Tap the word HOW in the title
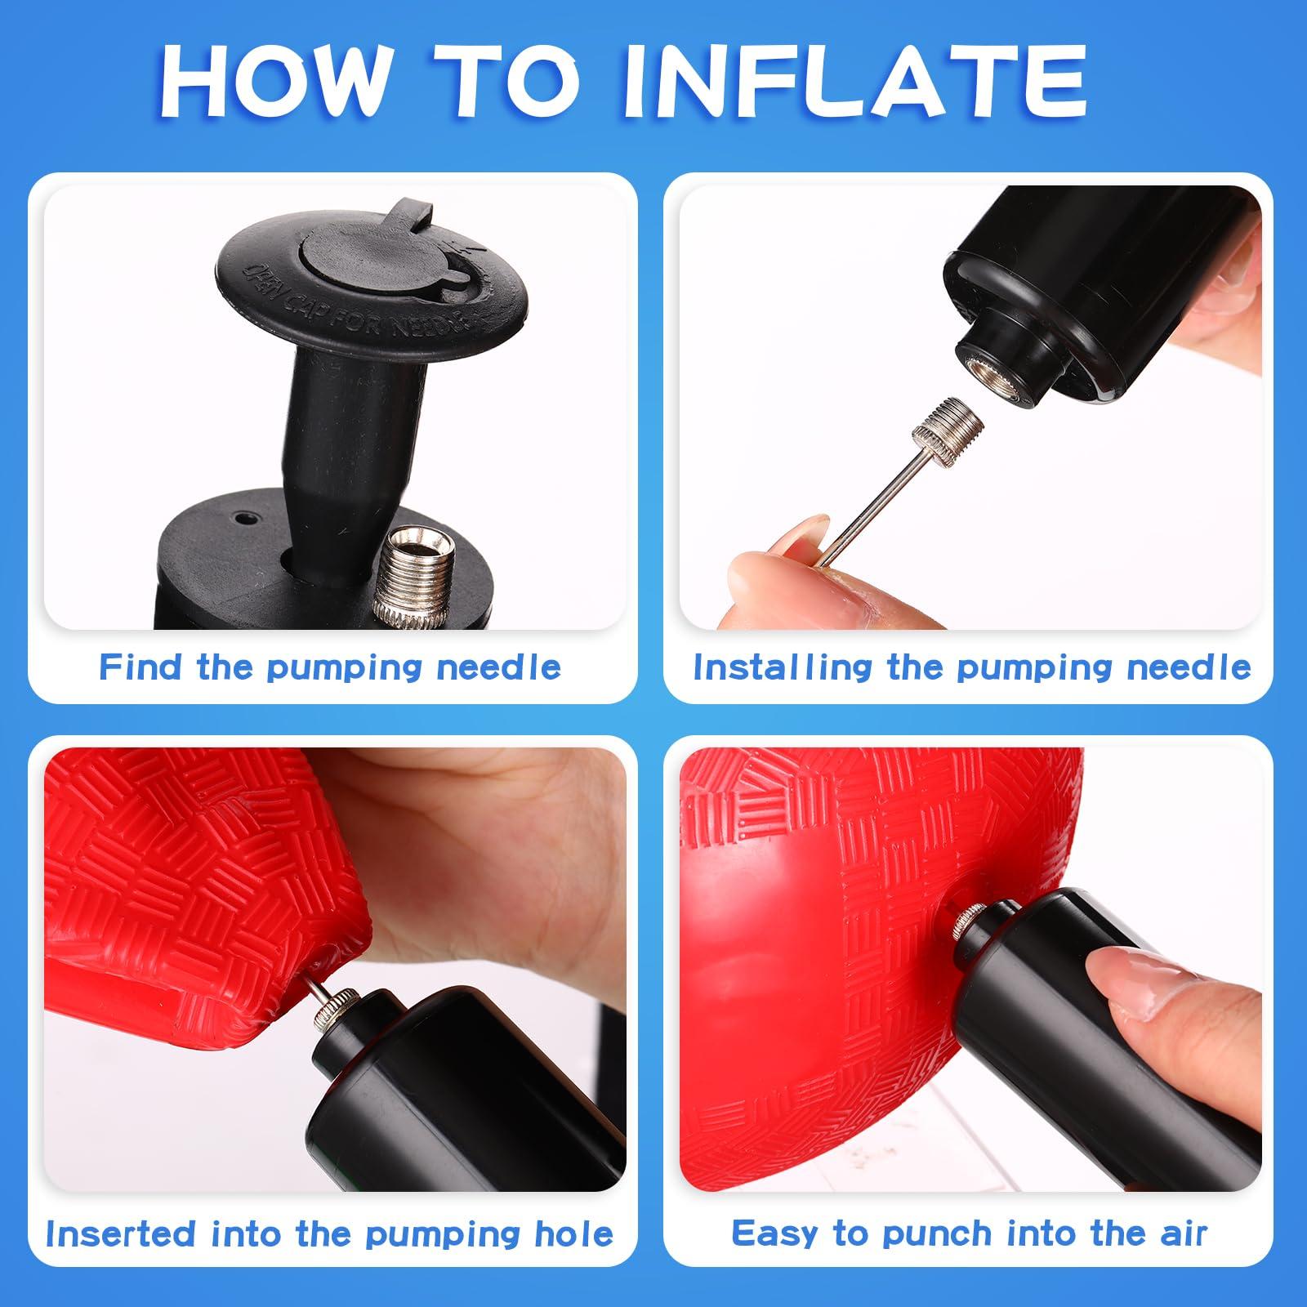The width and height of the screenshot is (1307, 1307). point(274,82)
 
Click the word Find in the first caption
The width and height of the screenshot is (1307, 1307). point(143,667)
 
